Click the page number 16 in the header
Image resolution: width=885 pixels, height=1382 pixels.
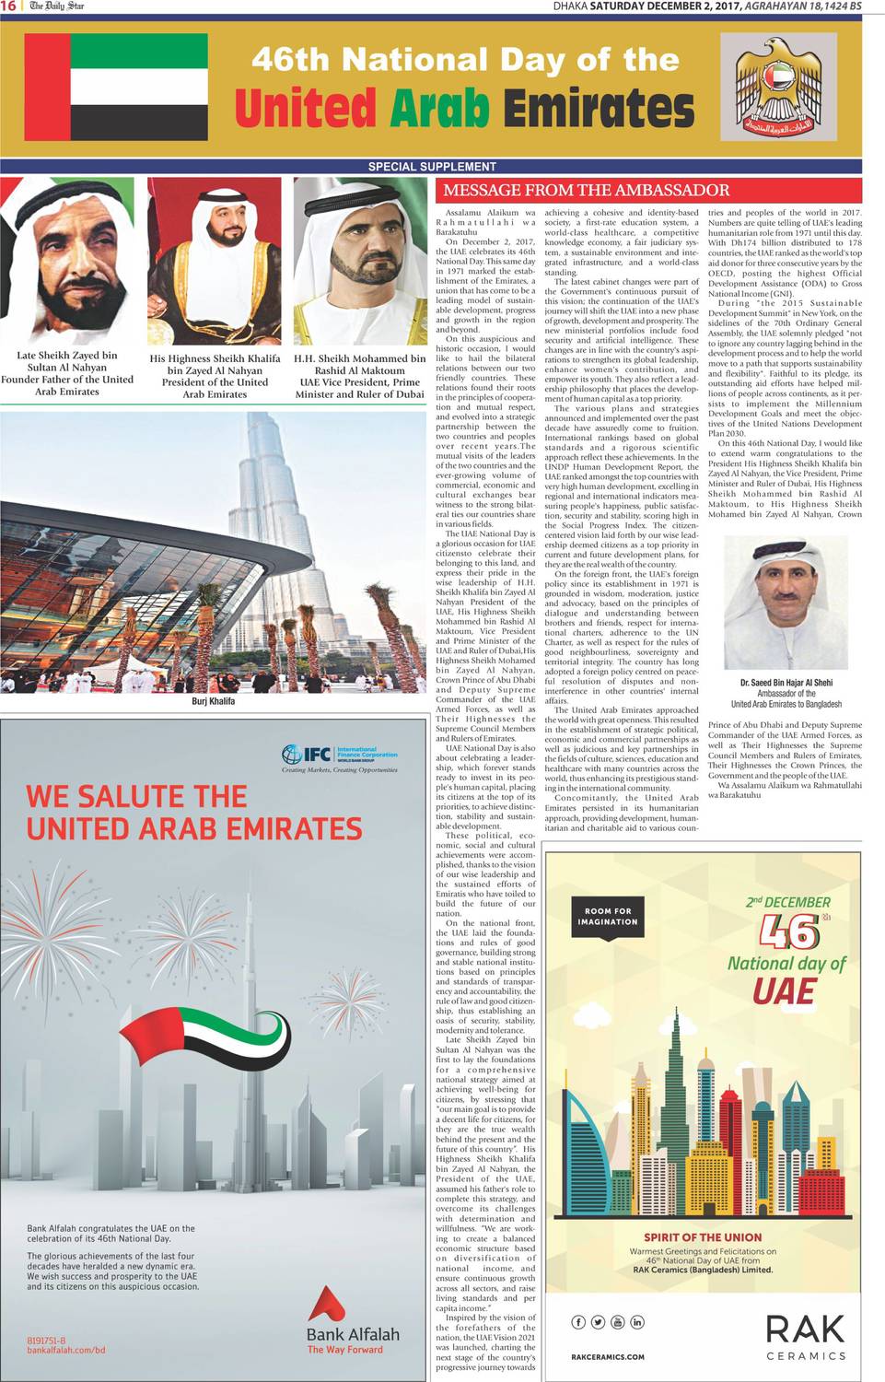[8, 6]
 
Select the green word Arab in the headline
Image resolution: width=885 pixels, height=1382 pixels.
[438, 109]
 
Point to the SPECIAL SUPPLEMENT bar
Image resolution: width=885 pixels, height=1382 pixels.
[432, 167]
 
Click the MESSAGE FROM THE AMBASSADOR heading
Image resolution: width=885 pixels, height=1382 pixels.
[586, 191]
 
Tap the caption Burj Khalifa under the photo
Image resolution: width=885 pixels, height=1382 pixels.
[213, 701]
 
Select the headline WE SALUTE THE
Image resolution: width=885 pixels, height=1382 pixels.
[136, 796]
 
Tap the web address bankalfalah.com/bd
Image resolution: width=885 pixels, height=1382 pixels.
[66, 1350]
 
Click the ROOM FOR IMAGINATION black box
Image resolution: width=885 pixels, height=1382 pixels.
[608, 916]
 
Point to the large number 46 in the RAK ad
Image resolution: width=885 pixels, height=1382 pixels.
[789, 932]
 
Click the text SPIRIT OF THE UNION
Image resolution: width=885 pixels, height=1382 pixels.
[703, 1237]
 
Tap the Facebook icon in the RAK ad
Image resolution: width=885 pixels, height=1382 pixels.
[578, 1322]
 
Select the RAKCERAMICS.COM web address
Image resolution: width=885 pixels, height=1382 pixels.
[608, 1356]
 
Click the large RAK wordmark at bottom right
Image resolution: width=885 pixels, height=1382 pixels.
[805, 1329]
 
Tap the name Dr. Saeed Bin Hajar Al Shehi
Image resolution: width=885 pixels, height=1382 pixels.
[786, 683]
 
